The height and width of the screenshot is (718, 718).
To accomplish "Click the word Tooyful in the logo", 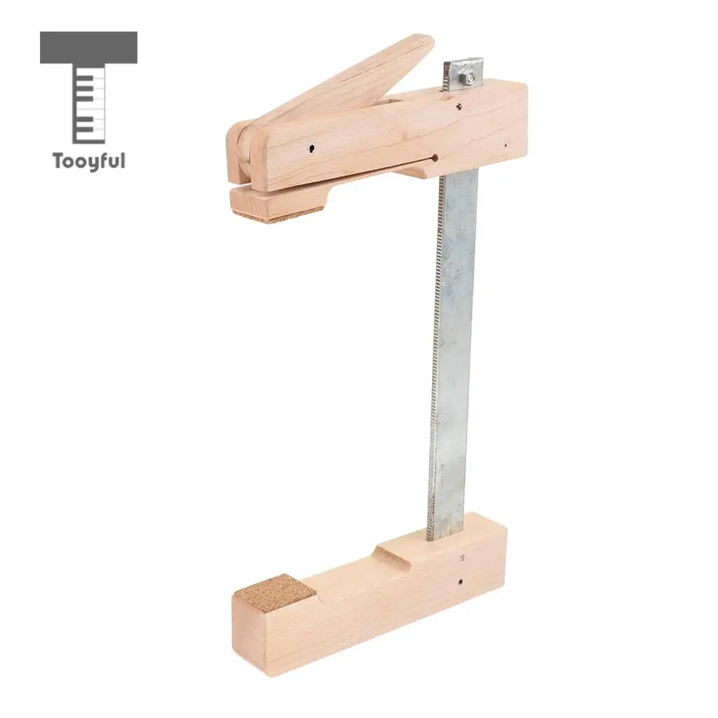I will point(88,161).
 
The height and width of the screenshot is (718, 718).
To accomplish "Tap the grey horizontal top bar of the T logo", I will point(88,48).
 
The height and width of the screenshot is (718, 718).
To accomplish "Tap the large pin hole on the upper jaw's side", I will point(311,148).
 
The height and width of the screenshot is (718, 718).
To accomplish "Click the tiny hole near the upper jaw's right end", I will point(506,146).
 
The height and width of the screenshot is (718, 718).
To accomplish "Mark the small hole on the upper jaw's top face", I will point(458,107).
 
